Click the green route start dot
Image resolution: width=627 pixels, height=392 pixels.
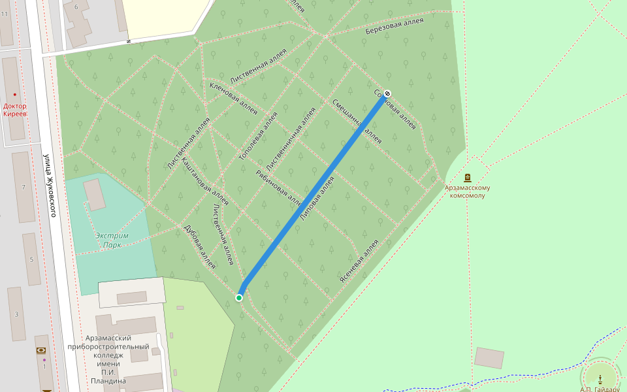[x=239, y=298]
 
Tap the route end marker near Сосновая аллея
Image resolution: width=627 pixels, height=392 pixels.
[x=387, y=93]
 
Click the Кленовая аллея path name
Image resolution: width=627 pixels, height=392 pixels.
[x=233, y=98]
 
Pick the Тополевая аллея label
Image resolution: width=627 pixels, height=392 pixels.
[x=259, y=136]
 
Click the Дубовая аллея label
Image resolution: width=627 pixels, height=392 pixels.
[x=200, y=247]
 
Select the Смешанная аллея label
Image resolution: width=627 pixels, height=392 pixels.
[x=357, y=121]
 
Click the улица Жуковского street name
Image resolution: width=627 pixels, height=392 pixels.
[x=52, y=186]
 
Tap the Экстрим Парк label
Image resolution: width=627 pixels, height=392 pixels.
[x=112, y=240]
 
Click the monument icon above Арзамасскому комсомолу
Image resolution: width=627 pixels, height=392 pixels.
[x=468, y=178]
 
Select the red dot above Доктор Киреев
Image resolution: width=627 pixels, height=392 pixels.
[x=15, y=95]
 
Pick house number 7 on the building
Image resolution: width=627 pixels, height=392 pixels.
[x=24, y=188]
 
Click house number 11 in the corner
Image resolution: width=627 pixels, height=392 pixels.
[x=5, y=14]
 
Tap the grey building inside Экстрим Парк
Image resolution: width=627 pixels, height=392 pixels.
[x=95, y=194]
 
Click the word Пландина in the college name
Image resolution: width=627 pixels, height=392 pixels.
[x=108, y=380]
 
